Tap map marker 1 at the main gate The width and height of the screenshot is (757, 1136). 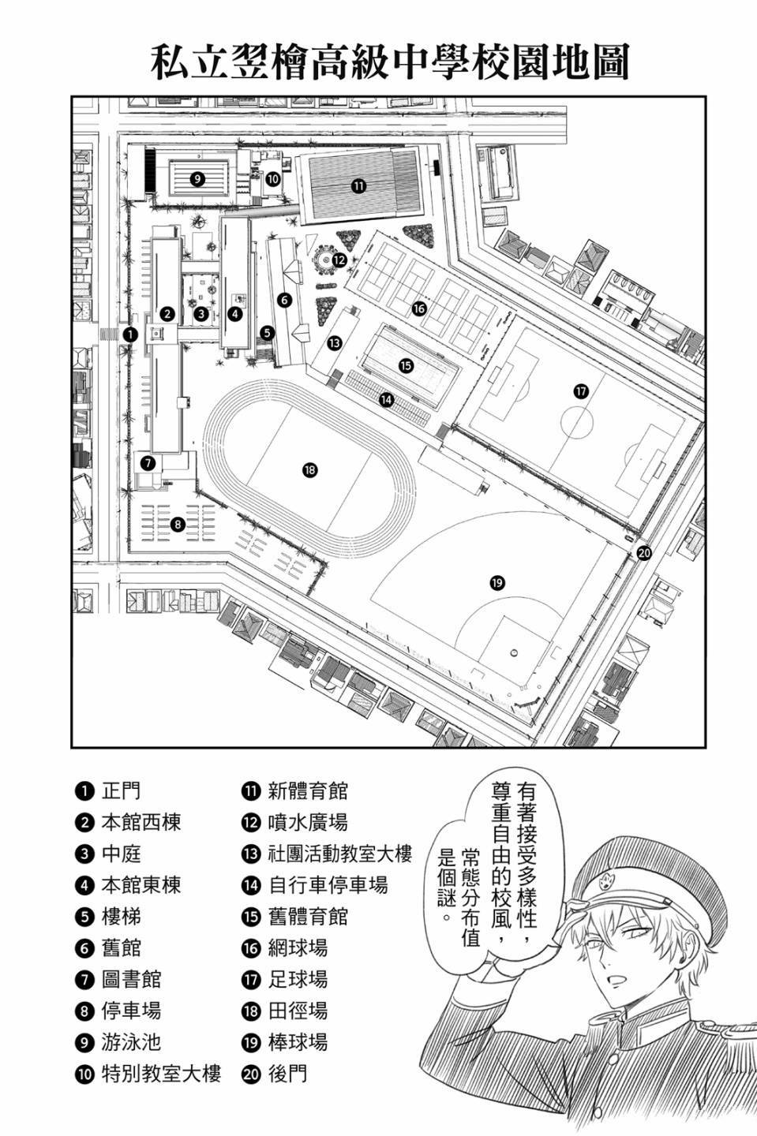(x=130, y=334)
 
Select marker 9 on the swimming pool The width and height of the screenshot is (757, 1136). (x=197, y=178)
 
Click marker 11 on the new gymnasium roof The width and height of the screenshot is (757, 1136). (x=358, y=186)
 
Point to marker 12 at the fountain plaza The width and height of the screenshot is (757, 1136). (x=339, y=259)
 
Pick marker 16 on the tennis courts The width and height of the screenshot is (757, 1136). (x=418, y=308)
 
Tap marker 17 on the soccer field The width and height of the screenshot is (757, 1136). (x=581, y=391)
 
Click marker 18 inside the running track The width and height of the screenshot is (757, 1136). (x=309, y=470)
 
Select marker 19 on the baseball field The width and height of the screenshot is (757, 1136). (x=497, y=583)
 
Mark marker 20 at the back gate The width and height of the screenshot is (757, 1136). (x=644, y=553)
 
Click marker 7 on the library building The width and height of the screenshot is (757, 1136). (x=148, y=462)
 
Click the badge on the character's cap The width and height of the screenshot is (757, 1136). (x=609, y=879)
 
